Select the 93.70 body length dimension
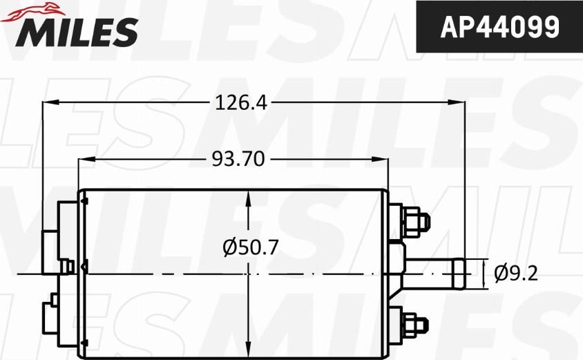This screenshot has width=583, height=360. (238, 160)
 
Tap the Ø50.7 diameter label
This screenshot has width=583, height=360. (250, 247)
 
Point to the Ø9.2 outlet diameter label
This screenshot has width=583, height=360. (516, 274)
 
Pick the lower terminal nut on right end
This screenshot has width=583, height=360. (413, 322)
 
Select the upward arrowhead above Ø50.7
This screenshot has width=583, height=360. (248, 197)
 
